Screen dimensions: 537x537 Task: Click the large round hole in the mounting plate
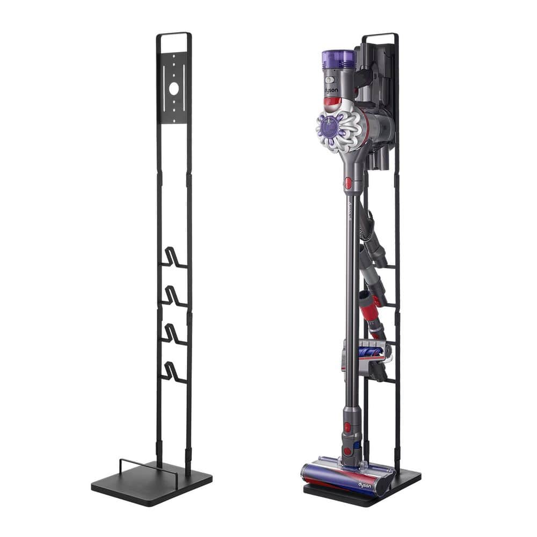pos(174,88)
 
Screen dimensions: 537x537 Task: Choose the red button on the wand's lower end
pos(347,427)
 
